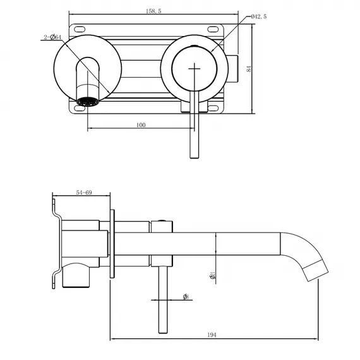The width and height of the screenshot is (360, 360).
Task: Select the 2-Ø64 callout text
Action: tap(52, 39)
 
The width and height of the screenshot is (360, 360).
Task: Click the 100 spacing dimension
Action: tap(140, 125)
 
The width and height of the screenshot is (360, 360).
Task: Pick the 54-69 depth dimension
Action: tap(83, 192)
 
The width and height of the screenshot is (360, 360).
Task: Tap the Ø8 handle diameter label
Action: tap(186, 297)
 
